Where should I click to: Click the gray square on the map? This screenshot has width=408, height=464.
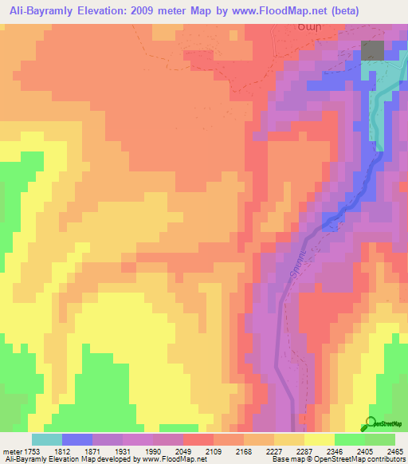tap(371, 50)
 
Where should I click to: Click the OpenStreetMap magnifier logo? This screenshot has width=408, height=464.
tap(371, 424)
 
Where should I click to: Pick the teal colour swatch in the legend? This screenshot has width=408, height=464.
tap(47, 439)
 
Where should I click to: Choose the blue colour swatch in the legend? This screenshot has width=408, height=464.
tap(77, 439)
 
